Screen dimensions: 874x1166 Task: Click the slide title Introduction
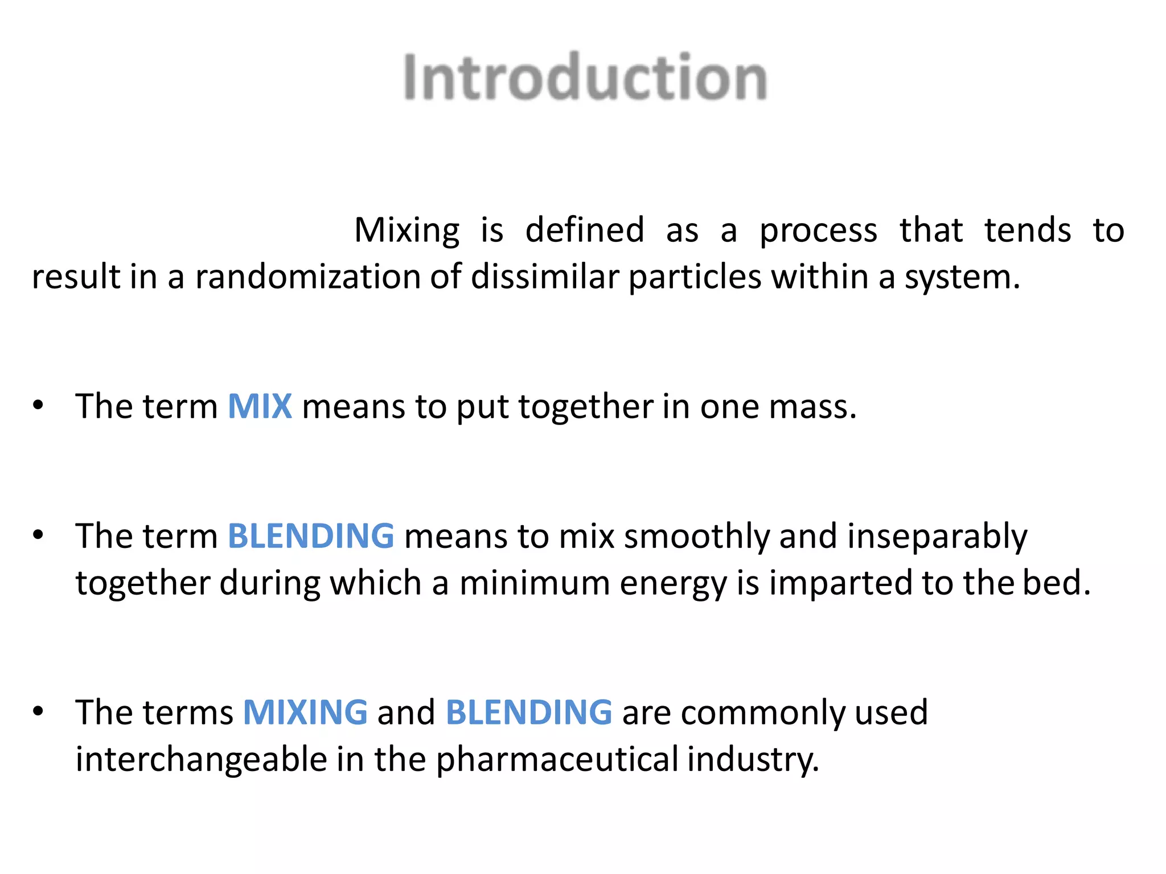pos(585,77)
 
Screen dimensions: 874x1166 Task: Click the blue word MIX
pos(260,406)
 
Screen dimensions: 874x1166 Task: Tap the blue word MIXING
pos(305,712)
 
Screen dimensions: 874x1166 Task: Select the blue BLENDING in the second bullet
pos(311,536)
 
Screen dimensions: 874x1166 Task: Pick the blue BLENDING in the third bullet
pos(529,712)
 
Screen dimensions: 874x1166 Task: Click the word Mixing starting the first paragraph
pos(407,231)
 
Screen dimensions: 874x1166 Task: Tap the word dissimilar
pos(545,277)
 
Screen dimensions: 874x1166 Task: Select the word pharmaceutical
pos(557,760)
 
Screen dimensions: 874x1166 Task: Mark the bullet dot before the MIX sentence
pos(38,405)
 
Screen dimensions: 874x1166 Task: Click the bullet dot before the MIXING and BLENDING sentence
pos(38,711)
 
